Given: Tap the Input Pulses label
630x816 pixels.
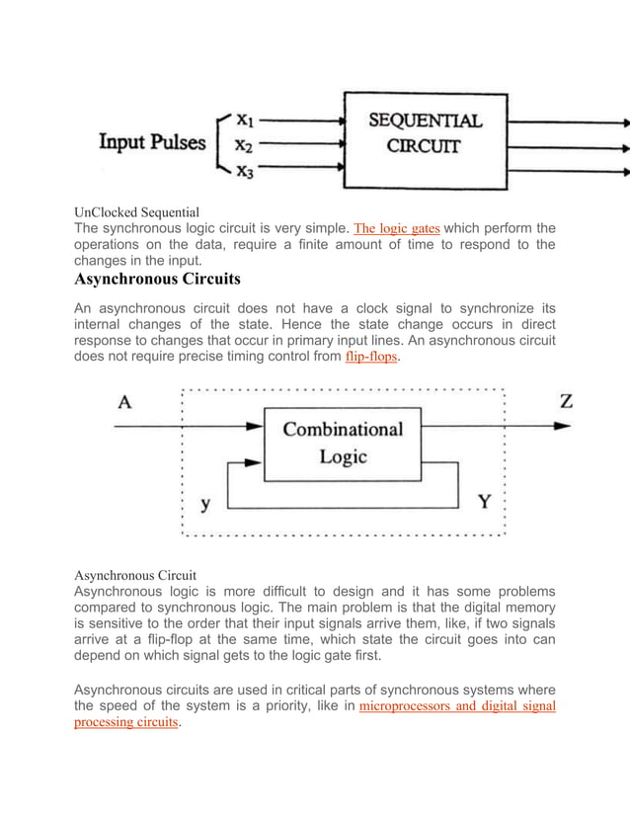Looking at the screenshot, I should point(151,142).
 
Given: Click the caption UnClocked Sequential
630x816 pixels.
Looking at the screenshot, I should point(137,211).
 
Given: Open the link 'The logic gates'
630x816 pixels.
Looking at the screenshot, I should point(396,228).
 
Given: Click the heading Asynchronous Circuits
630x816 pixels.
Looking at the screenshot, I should point(158,279).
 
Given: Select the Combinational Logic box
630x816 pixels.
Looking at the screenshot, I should point(343,443).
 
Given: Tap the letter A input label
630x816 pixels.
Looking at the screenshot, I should point(124,402).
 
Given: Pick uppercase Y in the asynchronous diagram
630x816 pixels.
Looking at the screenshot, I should point(485,502).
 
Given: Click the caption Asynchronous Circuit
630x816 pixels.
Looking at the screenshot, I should point(135,574).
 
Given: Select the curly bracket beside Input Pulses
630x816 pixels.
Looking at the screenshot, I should point(221,145).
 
